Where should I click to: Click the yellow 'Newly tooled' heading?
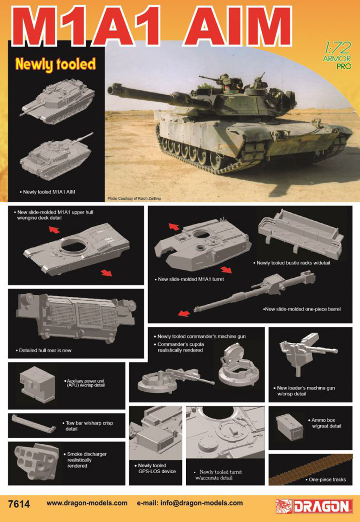tap(55, 64)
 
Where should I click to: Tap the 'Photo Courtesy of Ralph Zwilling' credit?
tap(132, 199)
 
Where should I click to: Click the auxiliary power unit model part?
tap(37, 384)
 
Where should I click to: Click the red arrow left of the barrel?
tap(183, 314)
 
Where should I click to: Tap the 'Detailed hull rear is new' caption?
tap(45, 350)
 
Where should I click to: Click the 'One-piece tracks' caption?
tap(327, 480)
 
